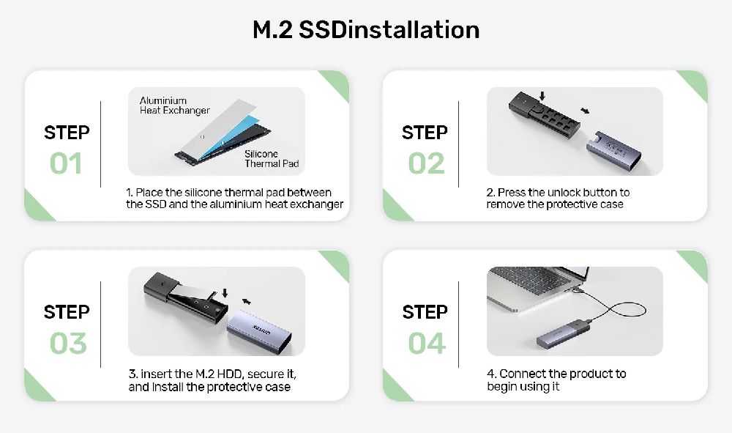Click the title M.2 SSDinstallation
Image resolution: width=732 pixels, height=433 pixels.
(366, 30)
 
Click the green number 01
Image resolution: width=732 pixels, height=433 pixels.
(66, 163)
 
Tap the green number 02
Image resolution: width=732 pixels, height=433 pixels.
(426, 163)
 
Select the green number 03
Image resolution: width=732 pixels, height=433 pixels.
(68, 344)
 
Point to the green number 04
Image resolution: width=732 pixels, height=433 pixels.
(427, 344)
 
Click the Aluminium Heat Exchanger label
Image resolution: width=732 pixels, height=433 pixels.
(175, 106)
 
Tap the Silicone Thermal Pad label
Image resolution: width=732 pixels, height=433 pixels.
(272, 159)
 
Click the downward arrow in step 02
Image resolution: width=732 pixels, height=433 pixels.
(542, 96)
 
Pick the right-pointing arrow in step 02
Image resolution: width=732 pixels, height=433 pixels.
(584, 111)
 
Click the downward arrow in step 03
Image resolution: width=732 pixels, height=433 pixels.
(225, 293)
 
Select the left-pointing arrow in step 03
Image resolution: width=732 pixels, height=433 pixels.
(246, 301)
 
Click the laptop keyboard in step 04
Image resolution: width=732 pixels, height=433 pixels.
(530, 279)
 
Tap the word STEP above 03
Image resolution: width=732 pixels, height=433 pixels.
(67, 312)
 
